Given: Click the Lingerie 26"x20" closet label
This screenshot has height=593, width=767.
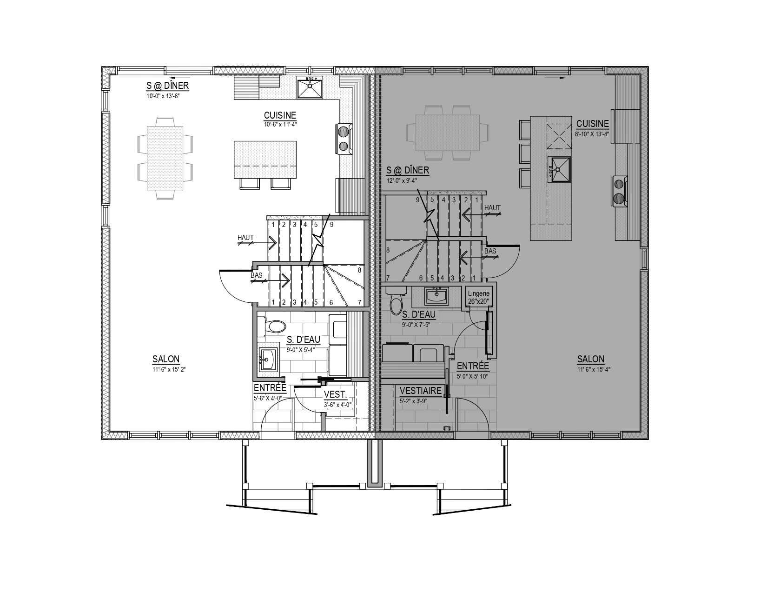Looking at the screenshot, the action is click(478, 297).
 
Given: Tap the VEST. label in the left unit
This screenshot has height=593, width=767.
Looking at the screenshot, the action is click(335, 394).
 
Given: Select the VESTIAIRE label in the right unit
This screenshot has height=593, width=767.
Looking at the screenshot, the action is click(420, 391).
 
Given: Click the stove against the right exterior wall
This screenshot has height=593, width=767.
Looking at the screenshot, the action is click(619, 191).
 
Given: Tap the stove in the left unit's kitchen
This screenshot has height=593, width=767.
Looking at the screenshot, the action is click(344, 139).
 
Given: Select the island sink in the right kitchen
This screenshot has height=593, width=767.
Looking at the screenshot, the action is click(559, 170).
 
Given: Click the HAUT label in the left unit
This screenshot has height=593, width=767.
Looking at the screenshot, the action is click(245, 238).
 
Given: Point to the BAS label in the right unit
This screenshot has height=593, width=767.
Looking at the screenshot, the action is click(490, 251).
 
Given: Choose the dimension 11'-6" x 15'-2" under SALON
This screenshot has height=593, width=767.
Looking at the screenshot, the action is click(169, 369).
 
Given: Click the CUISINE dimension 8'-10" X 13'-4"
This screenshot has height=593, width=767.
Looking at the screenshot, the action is click(592, 134).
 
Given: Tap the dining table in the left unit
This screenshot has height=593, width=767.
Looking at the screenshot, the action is click(165, 158).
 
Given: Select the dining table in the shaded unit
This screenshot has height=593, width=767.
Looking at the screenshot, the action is click(448, 133).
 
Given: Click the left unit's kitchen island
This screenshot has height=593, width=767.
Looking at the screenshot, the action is click(265, 160).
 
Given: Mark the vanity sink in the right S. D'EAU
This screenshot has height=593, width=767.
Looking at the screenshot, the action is click(436, 296).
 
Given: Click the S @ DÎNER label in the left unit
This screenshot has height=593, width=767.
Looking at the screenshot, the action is click(168, 86).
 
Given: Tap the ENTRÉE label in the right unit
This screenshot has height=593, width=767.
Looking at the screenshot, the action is click(473, 366).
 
